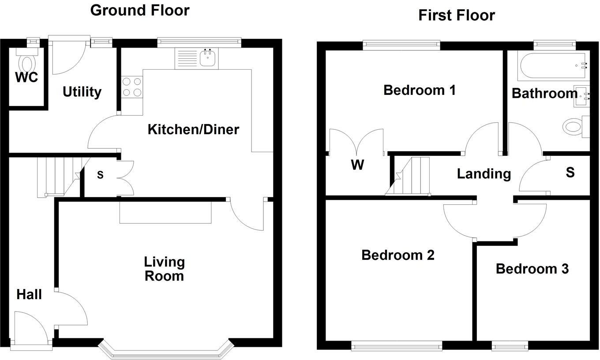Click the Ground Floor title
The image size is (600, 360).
point(140,10)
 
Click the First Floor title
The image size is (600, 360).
point(457,15)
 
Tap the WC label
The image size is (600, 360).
point(26,78)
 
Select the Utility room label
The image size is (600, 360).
point(82,92)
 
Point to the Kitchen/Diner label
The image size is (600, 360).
point(193,129)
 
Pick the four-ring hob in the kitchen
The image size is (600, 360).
point(132,87)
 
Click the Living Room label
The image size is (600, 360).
point(164,269)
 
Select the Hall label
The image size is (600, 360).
point(29,294)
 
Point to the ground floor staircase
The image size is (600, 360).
point(57,176)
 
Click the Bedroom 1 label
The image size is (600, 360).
point(419,90)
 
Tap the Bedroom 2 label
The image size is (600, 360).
point(397,255)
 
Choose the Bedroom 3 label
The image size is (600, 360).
point(532,269)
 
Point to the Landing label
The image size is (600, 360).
point(484,173)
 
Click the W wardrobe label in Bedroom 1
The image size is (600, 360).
point(357,165)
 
